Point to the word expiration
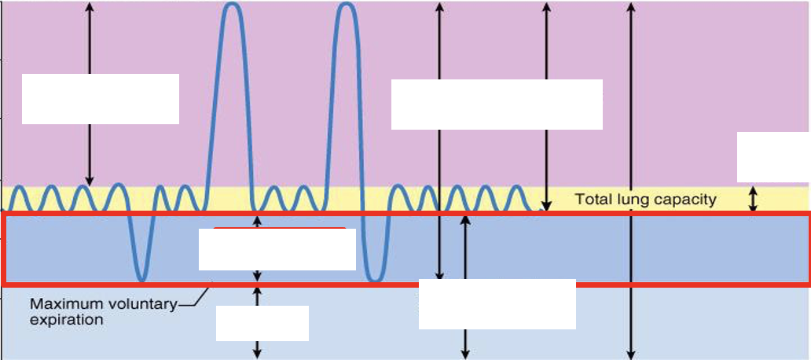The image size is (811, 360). (x=66, y=320)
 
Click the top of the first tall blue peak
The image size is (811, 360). (x=233, y=4)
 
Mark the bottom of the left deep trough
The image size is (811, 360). (x=143, y=280)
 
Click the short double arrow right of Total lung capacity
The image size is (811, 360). (x=753, y=199)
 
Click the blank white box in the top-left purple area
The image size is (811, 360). (x=101, y=99)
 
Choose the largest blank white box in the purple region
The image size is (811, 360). (x=497, y=104)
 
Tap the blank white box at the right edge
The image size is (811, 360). (x=774, y=157)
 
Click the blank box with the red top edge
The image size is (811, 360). (x=277, y=249)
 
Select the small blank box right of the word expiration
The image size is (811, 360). (x=262, y=323)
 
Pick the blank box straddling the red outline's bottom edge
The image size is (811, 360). (x=497, y=304)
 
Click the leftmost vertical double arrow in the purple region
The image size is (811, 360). (x=90, y=94)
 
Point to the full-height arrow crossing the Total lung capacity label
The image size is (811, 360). (x=630, y=181)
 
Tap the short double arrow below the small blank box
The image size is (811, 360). (x=257, y=350)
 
